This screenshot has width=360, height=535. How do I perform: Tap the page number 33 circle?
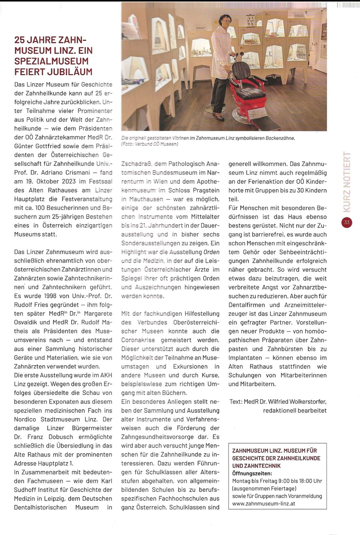[x=346, y=223]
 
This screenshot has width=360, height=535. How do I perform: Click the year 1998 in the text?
[x=51, y=296]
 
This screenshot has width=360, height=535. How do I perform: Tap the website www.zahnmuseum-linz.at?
[x=264, y=504]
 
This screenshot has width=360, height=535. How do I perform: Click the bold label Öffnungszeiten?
[x=252, y=473]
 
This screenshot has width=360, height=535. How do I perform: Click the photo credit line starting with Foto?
[x=150, y=144]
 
